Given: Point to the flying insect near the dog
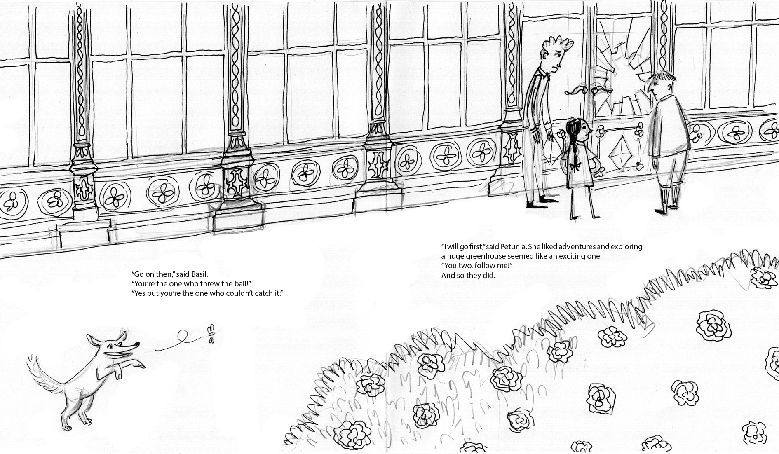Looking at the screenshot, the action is coord(212,334).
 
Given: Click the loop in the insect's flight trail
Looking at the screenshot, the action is coord(181,335).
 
